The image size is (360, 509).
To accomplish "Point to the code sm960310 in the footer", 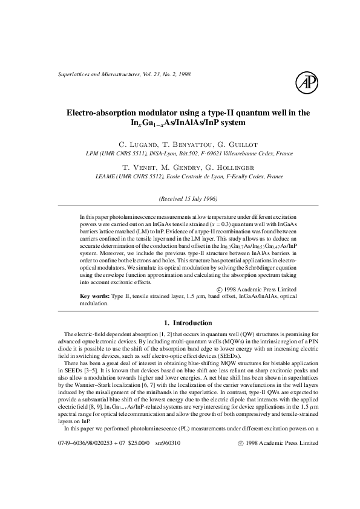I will [x=168, y=477].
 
